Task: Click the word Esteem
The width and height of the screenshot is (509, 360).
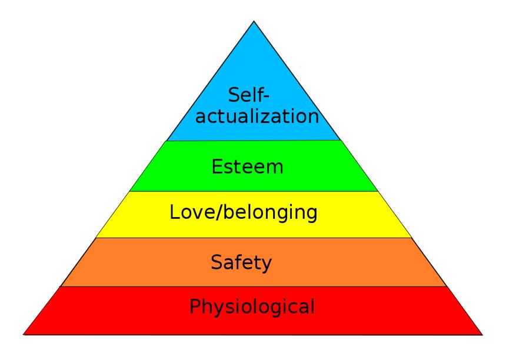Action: coord(247,167)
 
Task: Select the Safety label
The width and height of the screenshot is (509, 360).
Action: coord(241,262)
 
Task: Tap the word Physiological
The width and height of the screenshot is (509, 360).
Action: coord(252,306)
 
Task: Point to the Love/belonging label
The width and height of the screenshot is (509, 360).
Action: coord(244,213)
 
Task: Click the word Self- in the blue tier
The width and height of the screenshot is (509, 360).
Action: coord(249,95)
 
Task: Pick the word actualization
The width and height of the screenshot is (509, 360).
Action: coord(257,116)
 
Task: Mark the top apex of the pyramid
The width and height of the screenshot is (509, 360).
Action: coord(254,21)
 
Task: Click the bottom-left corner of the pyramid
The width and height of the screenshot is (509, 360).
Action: coord(24,334)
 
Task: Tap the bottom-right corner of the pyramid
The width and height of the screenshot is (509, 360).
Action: coord(483,335)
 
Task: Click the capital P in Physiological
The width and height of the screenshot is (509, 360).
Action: coord(195,306)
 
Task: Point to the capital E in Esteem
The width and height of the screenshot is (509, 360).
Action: coord(217,167)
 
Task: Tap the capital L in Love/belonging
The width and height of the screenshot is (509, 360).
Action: coord(175,212)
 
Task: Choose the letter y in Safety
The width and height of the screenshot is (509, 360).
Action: coord(266,264)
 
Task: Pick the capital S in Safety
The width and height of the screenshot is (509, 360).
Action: coord(217,262)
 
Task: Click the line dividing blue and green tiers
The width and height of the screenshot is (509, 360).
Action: coord(254,141)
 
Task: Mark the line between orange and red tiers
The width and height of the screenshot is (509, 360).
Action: coord(254,286)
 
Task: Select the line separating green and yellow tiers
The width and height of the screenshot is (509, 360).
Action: coord(254,191)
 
